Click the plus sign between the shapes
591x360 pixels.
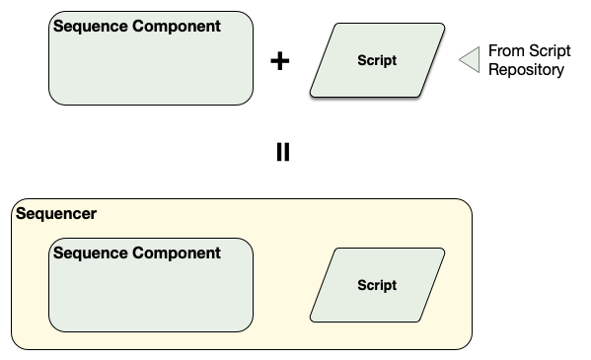[x=280, y=61]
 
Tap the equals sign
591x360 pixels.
[x=283, y=152]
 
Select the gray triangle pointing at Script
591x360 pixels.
[x=469, y=60]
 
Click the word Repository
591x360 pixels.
[x=527, y=70]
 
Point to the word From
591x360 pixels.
[x=506, y=51]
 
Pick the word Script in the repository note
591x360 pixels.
[x=550, y=51]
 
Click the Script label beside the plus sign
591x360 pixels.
[x=376, y=60]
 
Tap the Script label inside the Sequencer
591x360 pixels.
[x=376, y=285]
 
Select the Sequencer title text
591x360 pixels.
[x=56, y=213]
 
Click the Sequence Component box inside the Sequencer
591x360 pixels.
[x=150, y=296]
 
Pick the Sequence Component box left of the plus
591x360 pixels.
[x=150, y=69]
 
